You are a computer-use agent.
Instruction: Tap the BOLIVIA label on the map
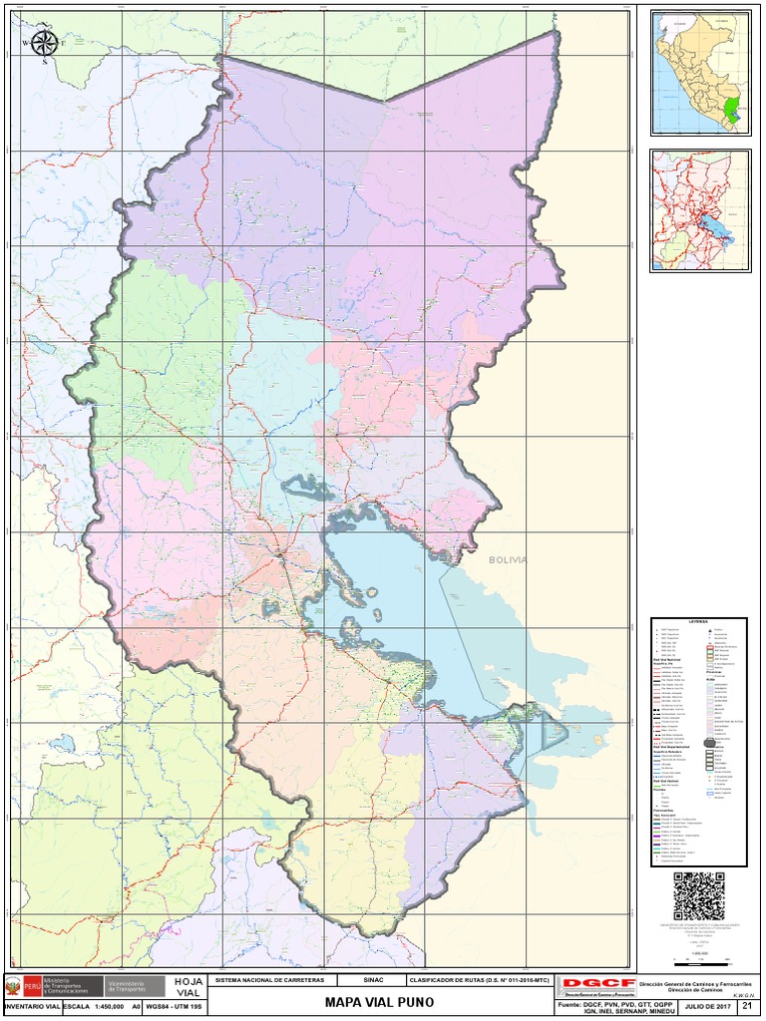507,560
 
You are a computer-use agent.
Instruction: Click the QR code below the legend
698,895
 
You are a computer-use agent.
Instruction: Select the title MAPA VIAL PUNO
381,1001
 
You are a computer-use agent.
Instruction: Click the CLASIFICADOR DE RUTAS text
480,981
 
